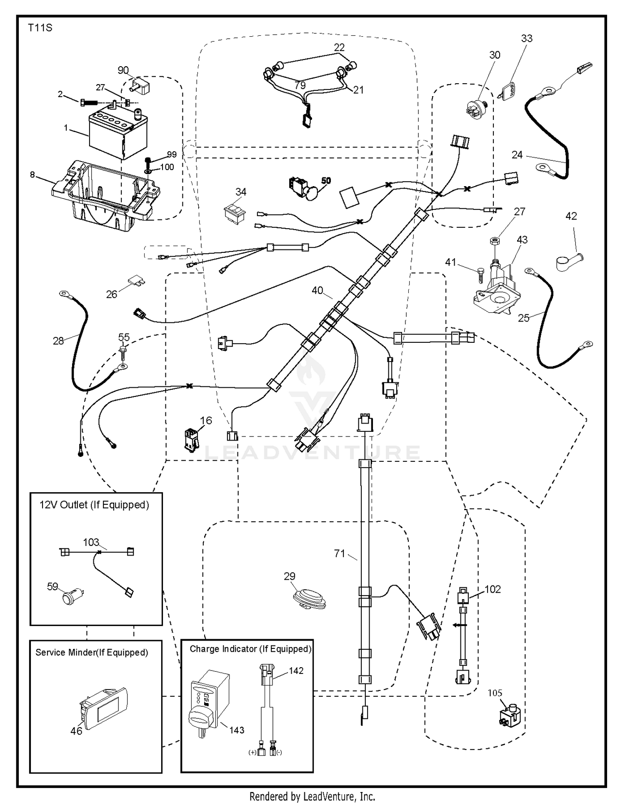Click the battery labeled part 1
click(x=118, y=135)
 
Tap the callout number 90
click(x=123, y=70)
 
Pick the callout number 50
click(x=326, y=180)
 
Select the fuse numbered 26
click(x=136, y=280)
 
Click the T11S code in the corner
click(x=40, y=28)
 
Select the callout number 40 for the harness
click(x=317, y=290)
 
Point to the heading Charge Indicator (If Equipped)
click(x=250, y=649)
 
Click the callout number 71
click(x=340, y=553)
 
